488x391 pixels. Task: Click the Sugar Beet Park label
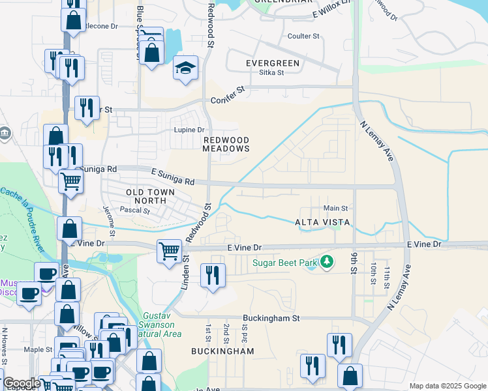pos(285,263)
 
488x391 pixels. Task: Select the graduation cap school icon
pos(185,67)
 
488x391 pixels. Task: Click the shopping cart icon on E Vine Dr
pos(170,250)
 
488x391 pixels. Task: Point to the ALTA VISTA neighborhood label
pos(324,222)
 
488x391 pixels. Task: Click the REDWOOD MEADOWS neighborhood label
pos(226,144)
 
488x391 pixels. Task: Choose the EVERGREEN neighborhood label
pos(272,63)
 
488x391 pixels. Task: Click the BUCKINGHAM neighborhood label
pos(222,351)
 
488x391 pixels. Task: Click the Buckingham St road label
pos(270,319)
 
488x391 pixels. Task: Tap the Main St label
pos(336,208)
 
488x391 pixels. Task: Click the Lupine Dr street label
pos(189,130)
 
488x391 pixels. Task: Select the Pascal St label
pos(136,210)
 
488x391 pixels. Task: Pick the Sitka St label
pos(271,73)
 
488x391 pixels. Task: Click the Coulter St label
pos(303,36)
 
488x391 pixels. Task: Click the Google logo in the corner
pos(21,383)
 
